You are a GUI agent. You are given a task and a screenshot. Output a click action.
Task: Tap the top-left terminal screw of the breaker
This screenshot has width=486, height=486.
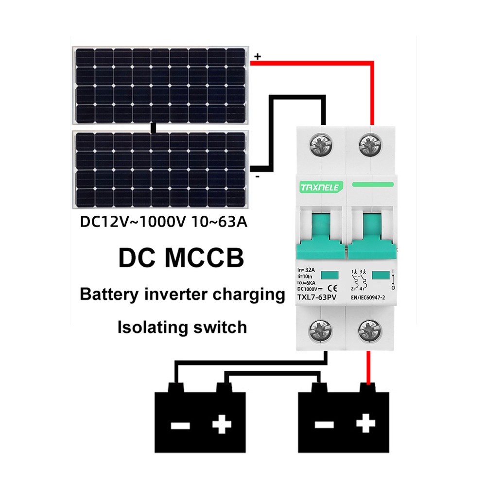click(321, 145)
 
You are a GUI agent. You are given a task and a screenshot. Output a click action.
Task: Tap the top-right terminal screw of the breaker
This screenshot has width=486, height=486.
click(370, 145)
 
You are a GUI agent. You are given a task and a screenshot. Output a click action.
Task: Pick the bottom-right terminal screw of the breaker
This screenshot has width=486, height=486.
click(370, 331)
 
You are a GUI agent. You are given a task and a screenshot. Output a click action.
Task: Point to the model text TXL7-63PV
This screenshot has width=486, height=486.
click(317, 297)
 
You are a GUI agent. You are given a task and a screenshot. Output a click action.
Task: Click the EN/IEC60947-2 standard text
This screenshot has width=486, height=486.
click(368, 297)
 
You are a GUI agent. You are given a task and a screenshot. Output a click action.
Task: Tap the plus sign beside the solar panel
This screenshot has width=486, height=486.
click(258, 56)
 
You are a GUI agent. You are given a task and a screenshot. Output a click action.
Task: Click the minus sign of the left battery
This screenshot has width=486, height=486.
click(180, 425)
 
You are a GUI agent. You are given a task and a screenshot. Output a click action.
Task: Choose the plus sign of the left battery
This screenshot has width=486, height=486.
click(222, 424)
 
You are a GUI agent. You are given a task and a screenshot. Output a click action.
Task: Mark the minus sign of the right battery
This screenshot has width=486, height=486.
click(324, 425)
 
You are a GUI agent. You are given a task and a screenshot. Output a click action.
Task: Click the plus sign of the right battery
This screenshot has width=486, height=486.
click(366, 423)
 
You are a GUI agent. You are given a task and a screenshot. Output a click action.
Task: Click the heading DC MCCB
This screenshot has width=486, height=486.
click(181, 258)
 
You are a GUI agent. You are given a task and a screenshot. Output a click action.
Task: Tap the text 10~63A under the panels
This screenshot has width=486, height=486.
click(220, 222)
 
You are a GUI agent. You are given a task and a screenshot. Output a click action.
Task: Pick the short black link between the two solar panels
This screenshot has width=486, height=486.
click(153, 128)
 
